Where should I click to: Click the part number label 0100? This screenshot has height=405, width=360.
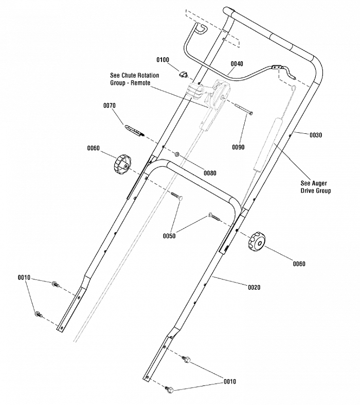[x=163, y=60]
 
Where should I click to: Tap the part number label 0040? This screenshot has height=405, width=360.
[x=237, y=64]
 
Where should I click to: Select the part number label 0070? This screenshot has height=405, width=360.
[x=110, y=105]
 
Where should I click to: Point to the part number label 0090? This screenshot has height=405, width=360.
[x=238, y=147]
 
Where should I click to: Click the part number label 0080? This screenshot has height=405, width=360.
[x=210, y=173]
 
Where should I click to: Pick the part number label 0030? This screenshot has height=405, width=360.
[x=316, y=135]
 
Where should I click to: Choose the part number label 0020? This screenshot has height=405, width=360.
[x=254, y=287]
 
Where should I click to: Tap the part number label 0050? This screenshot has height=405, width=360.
[x=169, y=236]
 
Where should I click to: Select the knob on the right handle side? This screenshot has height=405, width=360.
[x=257, y=241]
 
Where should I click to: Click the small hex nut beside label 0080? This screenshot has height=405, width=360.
[x=177, y=154]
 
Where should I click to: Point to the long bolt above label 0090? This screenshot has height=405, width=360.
[x=244, y=109]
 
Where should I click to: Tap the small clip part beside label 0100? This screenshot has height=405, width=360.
[x=183, y=75]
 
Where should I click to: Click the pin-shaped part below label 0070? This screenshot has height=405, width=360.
[x=134, y=130]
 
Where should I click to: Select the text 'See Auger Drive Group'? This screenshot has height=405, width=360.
[x=316, y=187]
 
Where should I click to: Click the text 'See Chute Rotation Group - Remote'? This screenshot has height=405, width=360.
[x=134, y=79]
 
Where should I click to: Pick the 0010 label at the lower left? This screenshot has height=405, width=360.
[x=24, y=278]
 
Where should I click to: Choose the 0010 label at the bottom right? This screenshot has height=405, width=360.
[x=230, y=381]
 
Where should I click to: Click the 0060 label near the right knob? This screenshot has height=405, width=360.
[x=299, y=263]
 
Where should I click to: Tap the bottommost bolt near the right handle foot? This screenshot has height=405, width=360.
[x=169, y=389]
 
